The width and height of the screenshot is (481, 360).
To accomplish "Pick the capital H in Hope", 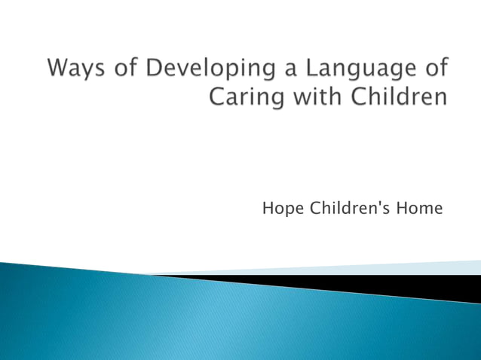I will (x=268, y=208).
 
